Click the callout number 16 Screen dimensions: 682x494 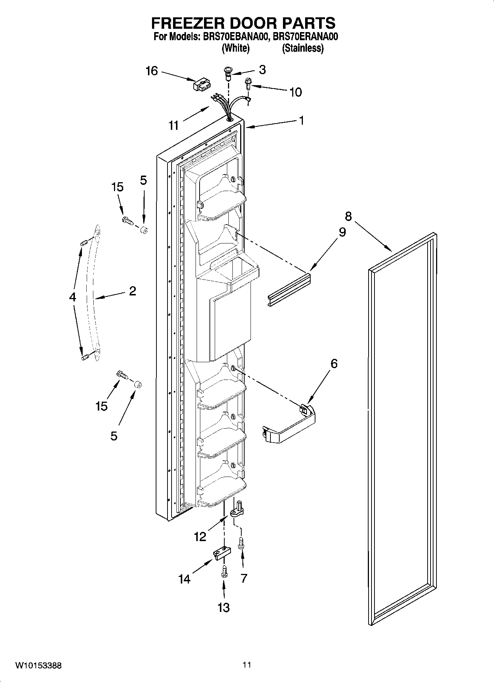[x=152, y=71]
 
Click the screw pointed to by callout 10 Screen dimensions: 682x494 [x=248, y=84]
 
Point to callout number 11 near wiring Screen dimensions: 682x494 [x=173, y=125]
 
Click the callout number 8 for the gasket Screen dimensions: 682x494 [x=348, y=216]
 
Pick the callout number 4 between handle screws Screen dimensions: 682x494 [x=72, y=297]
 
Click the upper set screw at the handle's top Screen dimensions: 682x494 [x=83, y=243]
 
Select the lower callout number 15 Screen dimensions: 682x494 [x=101, y=406]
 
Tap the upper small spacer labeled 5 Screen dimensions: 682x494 [x=144, y=231]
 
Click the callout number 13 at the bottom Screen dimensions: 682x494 [x=224, y=607]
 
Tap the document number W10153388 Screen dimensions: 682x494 [x=38, y=666]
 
